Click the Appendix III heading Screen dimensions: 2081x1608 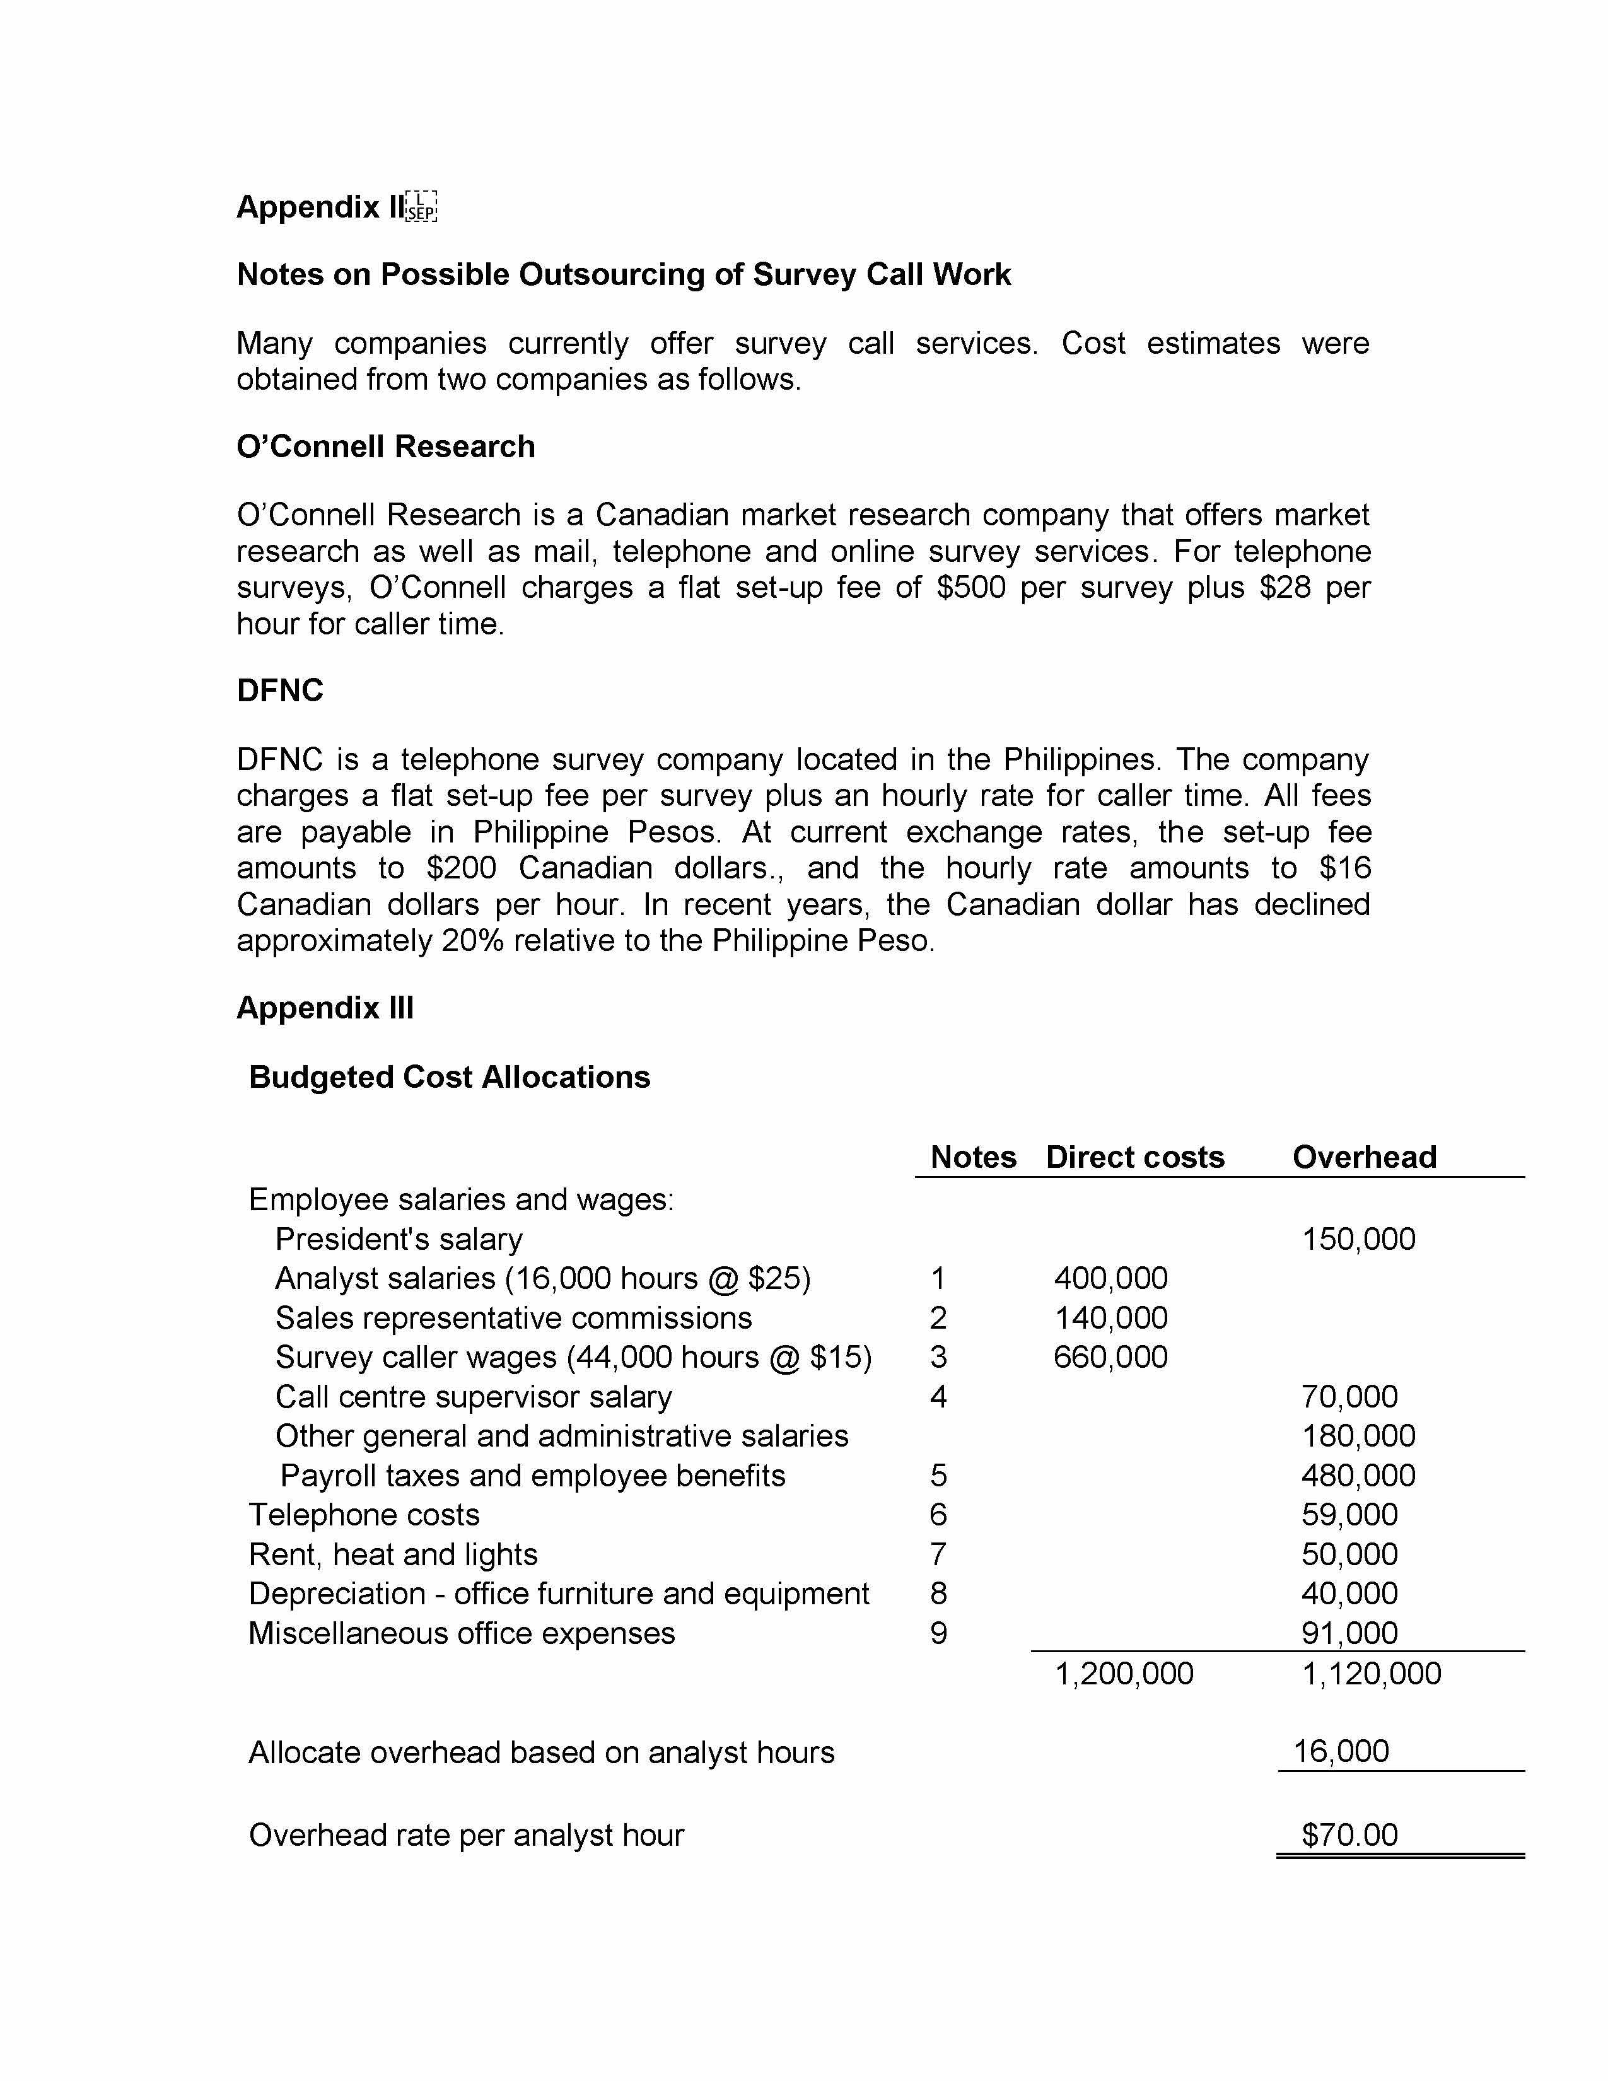pyautogui.click(x=325, y=1008)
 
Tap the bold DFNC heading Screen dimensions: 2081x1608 pyautogui.click(x=280, y=691)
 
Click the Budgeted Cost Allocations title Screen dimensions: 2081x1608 pyautogui.click(x=449, y=1076)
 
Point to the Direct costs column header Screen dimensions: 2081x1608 pyautogui.click(x=1134, y=1157)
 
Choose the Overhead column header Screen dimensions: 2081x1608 pyautogui.click(x=1364, y=1157)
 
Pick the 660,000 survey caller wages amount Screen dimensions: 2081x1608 pyautogui.click(x=1110, y=1357)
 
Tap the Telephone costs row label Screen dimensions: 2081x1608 pyautogui.click(x=364, y=1514)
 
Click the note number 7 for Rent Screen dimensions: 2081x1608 pyautogui.click(x=938, y=1554)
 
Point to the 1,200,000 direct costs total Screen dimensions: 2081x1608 pyautogui.click(x=1124, y=1673)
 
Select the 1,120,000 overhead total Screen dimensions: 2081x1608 pyautogui.click(x=1372, y=1673)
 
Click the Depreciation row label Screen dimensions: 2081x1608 pyautogui.click(x=558, y=1593)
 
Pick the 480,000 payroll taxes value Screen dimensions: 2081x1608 pyautogui.click(x=1358, y=1475)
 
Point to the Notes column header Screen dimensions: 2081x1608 pyautogui.click(x=972, y=1157)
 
